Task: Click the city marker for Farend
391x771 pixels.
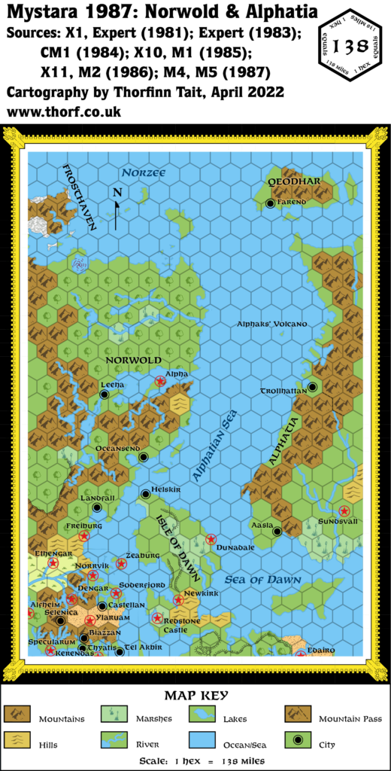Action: (x=270, y=204)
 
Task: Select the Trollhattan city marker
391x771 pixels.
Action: (x=313, y=387)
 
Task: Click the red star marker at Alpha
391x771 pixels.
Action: (x=160, y=382)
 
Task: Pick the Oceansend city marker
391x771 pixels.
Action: (x=143, y=456)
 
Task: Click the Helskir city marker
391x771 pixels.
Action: (x=146, y=495)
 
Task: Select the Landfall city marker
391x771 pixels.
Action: (x=96, y=507)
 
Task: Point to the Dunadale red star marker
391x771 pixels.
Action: (x=211, y=539)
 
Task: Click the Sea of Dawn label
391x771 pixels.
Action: (x=263, y=580)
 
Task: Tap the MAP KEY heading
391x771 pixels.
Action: (x=195, y=696)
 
